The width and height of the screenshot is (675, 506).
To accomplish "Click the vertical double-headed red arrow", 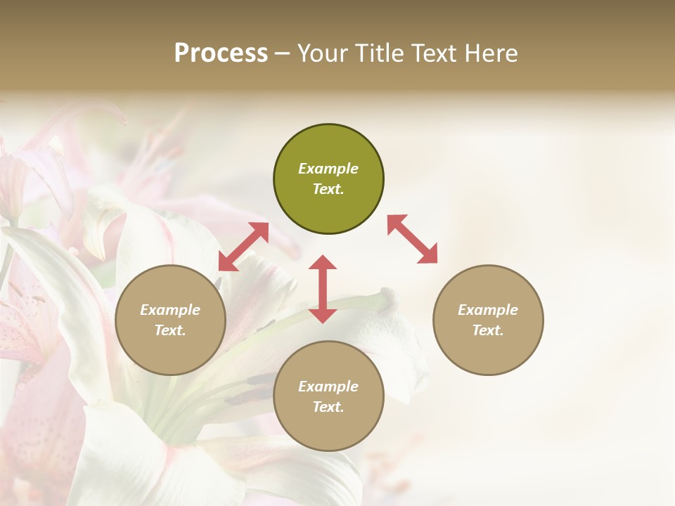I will pos(323,288).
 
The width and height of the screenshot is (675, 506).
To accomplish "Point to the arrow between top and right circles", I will pos(412,239).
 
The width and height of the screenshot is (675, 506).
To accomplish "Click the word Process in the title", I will pos(221,53).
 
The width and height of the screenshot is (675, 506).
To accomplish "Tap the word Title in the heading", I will pos(378,53).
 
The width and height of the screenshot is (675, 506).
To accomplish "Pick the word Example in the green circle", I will pos(328,169).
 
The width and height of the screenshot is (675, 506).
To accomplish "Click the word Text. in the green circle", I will pos(328,189).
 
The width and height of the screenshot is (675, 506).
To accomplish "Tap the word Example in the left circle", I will pos(170,310).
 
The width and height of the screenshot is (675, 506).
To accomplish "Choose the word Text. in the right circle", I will pos(488,330).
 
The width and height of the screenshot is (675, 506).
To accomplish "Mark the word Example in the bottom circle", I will pos(328,387).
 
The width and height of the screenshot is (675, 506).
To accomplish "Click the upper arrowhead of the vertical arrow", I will pos(323,263).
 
